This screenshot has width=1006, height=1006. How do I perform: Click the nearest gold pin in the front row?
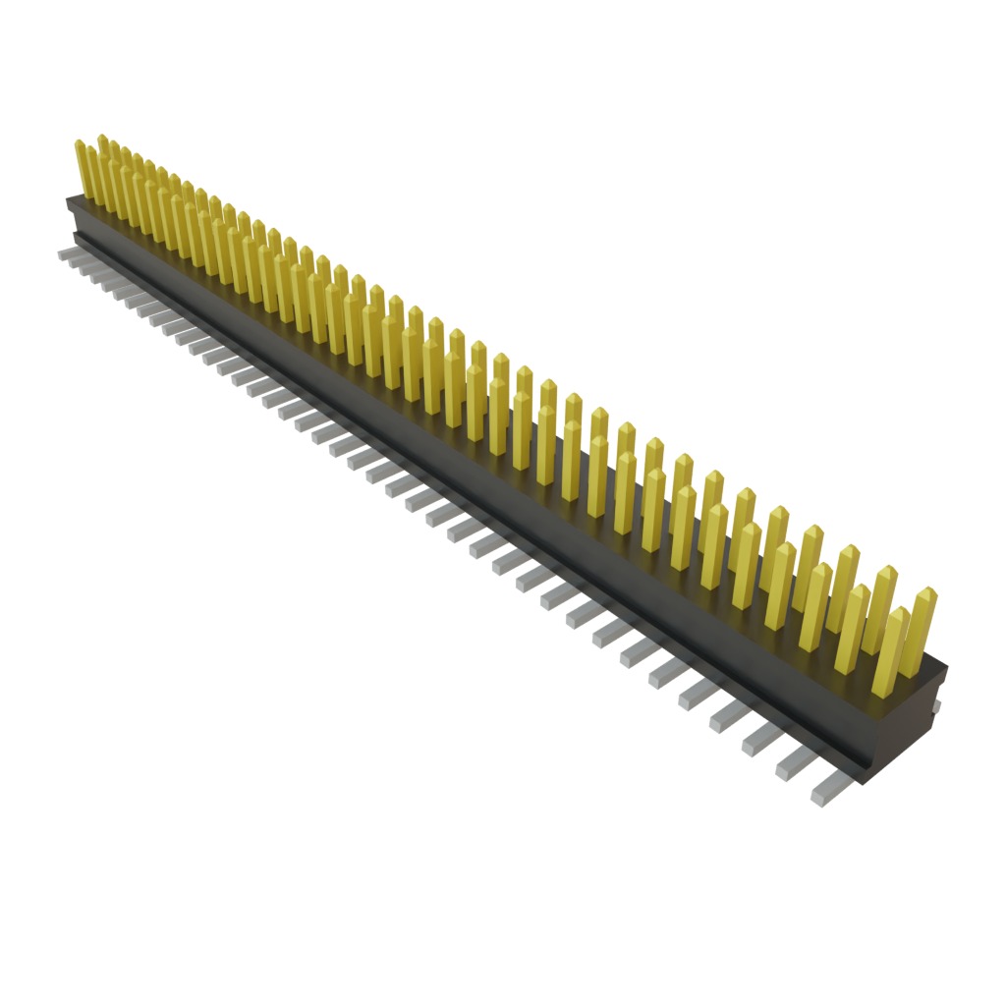889,653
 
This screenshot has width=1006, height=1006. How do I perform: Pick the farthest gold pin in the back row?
102,162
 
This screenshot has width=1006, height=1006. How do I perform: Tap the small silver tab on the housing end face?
938,705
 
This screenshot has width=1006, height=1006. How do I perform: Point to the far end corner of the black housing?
69,201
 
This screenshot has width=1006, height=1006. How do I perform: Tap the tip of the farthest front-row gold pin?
79,141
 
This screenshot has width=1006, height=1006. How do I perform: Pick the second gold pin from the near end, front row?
852,629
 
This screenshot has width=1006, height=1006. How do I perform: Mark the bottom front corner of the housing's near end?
864,781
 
